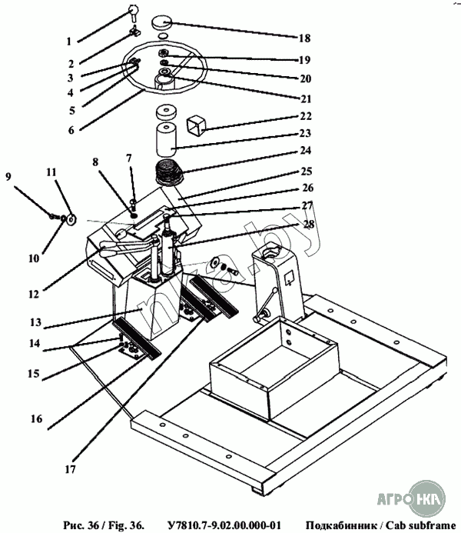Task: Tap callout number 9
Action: coord(8,175)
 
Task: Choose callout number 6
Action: coord(70,131)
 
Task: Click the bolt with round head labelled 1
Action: coord(133,11)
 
